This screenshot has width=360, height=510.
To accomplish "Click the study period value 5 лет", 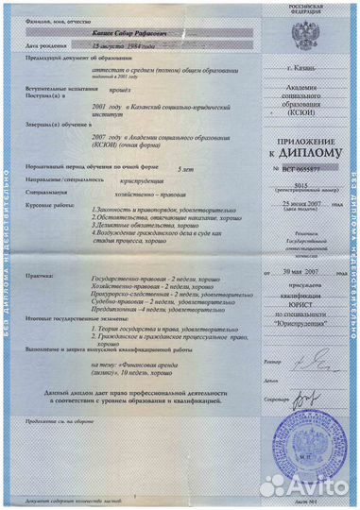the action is pyautogui.click(x=186, y=191).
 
